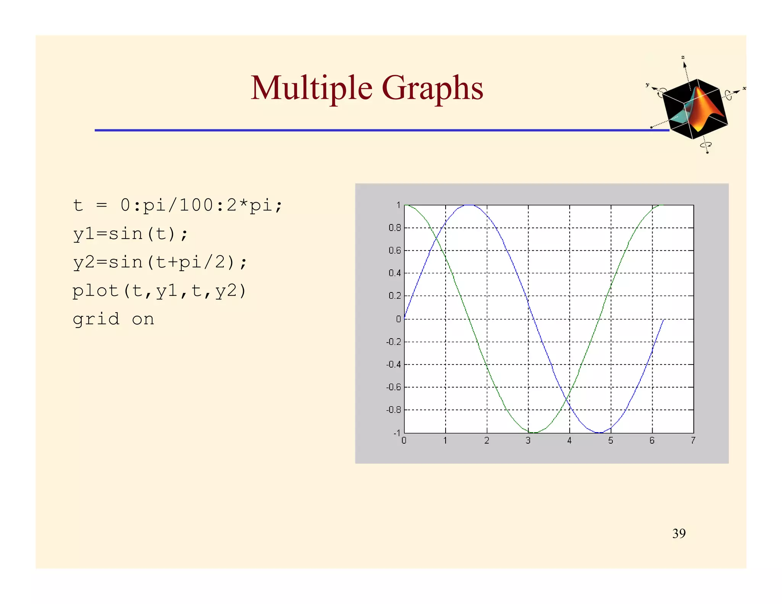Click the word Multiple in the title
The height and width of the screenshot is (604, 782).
311,88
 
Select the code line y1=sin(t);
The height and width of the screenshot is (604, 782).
130,234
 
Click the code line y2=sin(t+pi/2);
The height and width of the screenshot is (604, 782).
160,262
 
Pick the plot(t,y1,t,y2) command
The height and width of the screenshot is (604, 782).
159,291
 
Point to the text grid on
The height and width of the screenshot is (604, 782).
113,319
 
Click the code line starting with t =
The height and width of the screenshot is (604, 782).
178,205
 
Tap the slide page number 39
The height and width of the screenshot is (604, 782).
679,533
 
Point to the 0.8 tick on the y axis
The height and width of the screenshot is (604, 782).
394,228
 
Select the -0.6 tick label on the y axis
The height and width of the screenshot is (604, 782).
393,387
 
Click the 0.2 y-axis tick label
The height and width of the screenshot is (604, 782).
394,296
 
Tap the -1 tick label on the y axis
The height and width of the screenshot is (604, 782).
397,433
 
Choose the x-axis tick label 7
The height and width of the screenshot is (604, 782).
693,441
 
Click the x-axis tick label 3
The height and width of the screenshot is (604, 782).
528,441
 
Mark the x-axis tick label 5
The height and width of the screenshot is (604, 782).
611,441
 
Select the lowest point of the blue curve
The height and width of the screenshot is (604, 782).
599,433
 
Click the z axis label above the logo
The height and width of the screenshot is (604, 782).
683,57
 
